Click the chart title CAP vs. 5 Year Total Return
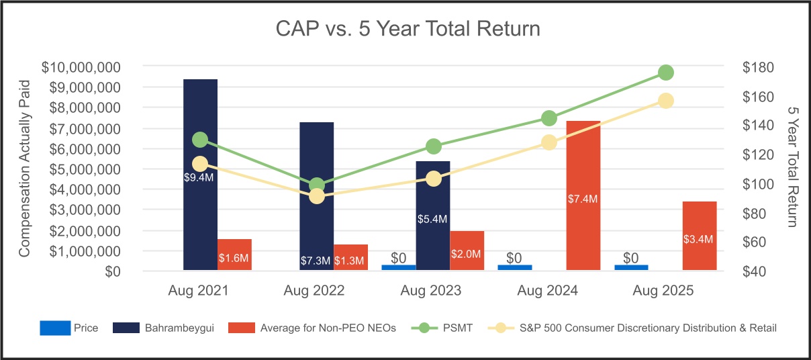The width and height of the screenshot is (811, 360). [x=408, y=29]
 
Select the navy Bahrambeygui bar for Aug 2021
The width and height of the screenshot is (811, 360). [x=200, y=175]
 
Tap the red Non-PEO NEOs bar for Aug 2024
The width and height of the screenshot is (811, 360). [x=583, y=195]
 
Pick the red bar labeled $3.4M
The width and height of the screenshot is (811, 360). [x=700, y=236]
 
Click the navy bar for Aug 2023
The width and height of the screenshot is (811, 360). [x=433, y=216]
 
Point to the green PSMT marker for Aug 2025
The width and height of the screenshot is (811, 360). [x=666, y=73]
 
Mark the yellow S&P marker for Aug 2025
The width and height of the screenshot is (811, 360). [x=666, y=101]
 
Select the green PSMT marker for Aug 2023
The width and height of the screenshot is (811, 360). [x=434, y=146]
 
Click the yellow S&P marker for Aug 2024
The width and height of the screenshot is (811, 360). [x=549, y=142]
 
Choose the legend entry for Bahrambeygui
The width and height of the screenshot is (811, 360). [x=163, y=328]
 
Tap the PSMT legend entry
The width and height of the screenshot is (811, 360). [x=442, y=328]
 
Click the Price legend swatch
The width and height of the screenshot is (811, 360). [x=55, y=328]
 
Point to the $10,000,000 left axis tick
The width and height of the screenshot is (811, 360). [x=81, y=68]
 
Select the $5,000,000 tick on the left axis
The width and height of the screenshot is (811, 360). [x=85, y=169]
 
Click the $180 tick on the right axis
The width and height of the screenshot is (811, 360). [x=758, y=68]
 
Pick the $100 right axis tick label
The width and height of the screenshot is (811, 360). [x=758, y=184]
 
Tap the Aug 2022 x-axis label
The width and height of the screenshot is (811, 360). [x=314, y=290]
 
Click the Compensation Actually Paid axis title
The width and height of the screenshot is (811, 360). [x=24, y=169]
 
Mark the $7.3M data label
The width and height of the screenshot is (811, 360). [x=316, y=261]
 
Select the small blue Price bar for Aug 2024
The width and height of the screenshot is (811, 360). [x=515, y=267]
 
